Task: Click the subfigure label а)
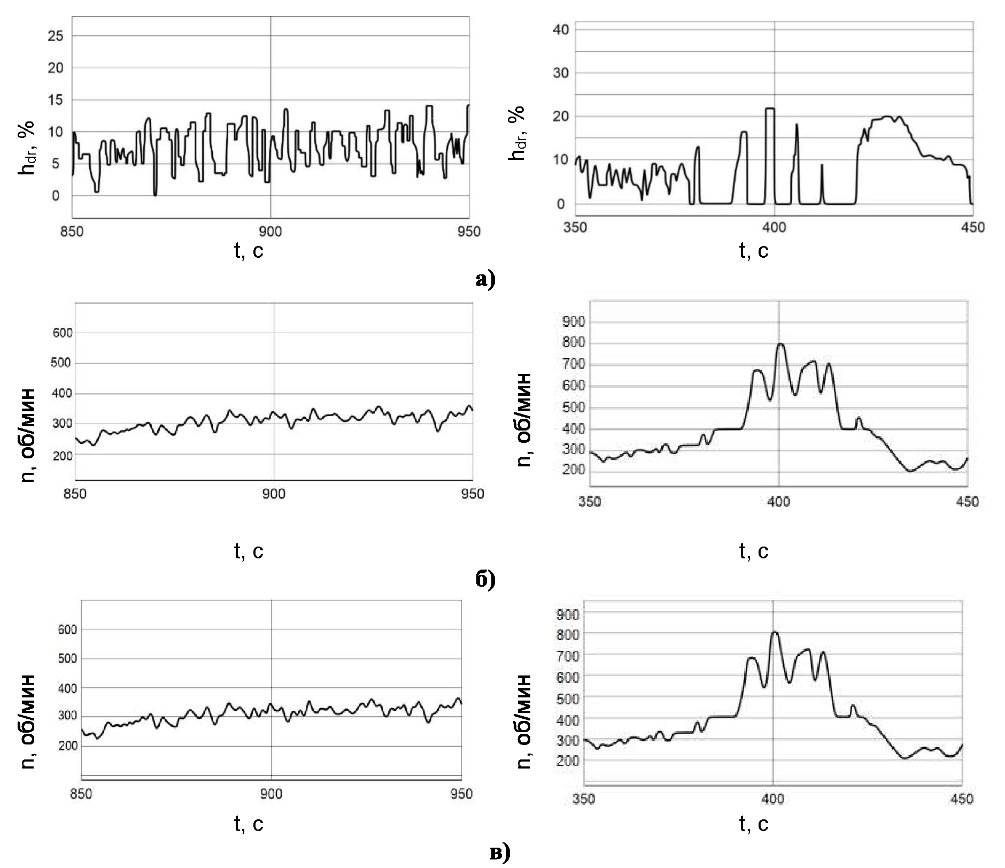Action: [x=485, y=279]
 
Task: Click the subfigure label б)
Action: [x=485, y=579]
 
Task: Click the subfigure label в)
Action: [x=500, y=852]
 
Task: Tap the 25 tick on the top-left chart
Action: [x=56, y=36]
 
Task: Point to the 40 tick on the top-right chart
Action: [x=561, y=29]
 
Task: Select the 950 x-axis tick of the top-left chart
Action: [x=469, y=232]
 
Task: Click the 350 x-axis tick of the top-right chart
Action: [x=575, y=228]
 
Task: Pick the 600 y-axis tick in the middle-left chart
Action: [x=63, y=333]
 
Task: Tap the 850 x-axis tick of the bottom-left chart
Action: [x=81, y=794]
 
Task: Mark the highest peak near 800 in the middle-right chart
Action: [x=780, y=344]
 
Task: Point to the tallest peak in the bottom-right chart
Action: [x=775, y=632]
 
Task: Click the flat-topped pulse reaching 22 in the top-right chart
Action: [x=770, y=109]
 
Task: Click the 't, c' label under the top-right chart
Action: [x=754, y=250]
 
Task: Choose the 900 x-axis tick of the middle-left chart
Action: [x=274, y=494]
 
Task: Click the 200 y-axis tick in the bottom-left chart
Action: [x=68, y=746]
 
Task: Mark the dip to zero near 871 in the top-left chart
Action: [x=155, y=195]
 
